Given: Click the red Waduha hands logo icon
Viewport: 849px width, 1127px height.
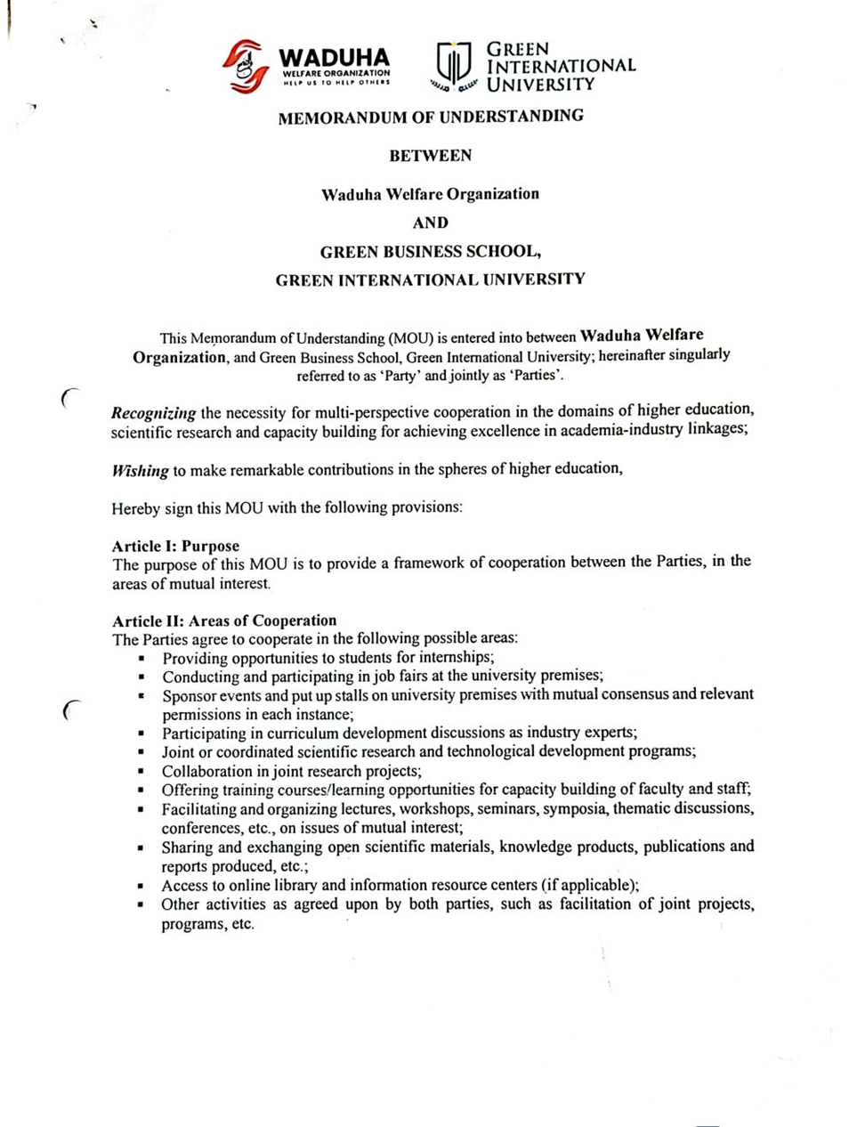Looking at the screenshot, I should [246, 66].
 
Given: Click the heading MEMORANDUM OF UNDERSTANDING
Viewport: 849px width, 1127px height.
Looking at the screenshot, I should [431, 117].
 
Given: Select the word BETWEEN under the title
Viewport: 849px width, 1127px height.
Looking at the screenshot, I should [431, 156].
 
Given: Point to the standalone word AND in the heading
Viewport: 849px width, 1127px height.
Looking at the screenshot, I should [431, 223].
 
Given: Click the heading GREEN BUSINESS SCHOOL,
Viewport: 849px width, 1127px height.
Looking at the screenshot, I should [431, 252].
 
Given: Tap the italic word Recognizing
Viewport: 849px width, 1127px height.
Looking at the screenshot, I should [153, 413].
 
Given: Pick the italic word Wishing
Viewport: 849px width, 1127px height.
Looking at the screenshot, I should [140, 470].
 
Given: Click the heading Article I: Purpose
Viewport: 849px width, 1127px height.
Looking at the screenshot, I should [175, 546].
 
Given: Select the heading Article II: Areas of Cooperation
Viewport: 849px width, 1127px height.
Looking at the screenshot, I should [224, 620].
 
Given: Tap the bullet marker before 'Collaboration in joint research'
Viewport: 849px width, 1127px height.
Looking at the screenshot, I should [141, 772].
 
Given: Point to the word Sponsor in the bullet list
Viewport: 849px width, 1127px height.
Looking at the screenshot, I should [188, 695].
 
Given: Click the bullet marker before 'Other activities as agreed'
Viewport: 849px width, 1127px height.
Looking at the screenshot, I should [141, 904].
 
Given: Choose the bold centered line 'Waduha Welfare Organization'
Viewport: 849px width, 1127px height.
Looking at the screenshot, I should [431, 194].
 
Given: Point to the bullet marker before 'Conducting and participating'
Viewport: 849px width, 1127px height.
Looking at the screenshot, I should [141, 677].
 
